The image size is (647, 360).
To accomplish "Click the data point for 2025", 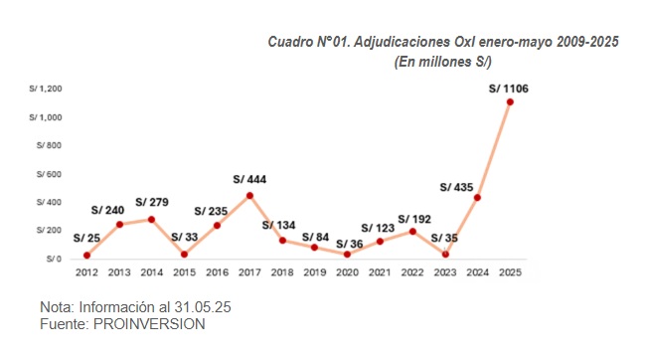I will (x=510, y=101).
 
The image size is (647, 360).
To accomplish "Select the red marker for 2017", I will (x=249, y=195).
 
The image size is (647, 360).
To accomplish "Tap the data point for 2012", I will (x=86, y=256).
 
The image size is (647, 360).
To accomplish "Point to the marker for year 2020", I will (x=347, y=254).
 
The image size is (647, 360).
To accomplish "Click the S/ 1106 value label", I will (x=509, y=90).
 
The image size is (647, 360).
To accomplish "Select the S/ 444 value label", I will (x=249, y=180).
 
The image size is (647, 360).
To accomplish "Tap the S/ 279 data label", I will (x=152, y=203).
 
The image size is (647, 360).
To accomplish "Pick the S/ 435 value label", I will (x=459, y=187).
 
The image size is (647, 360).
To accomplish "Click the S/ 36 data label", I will (x=349, y=244).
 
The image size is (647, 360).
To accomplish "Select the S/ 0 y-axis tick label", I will (x=56, y=259).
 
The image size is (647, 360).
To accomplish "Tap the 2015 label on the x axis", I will (x=184, y=273).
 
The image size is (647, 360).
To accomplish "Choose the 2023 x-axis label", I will (x=444, y=273).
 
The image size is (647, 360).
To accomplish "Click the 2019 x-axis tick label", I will (x=314, y=273).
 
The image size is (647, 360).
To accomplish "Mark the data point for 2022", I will (x=411, y=232).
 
